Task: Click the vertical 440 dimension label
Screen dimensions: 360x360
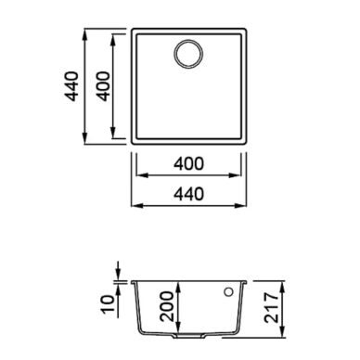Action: point(71,86)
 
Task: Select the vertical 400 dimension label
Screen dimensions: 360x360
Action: point(103,86)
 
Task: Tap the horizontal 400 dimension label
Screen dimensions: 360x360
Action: point(188,163)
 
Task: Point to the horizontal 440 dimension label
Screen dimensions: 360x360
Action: point(188,194)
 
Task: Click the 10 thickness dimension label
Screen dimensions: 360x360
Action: point(108,304)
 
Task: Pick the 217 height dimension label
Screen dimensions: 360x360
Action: point(271,308)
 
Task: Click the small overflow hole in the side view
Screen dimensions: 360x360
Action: point(229,291)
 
